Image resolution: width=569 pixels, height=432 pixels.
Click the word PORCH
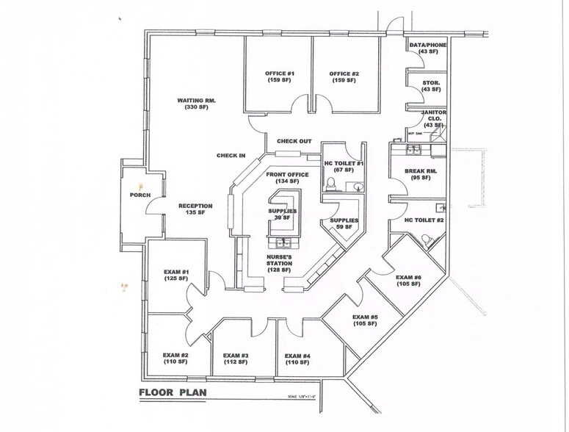139,195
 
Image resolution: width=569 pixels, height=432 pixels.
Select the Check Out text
294,141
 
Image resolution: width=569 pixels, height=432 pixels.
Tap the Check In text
231,155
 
